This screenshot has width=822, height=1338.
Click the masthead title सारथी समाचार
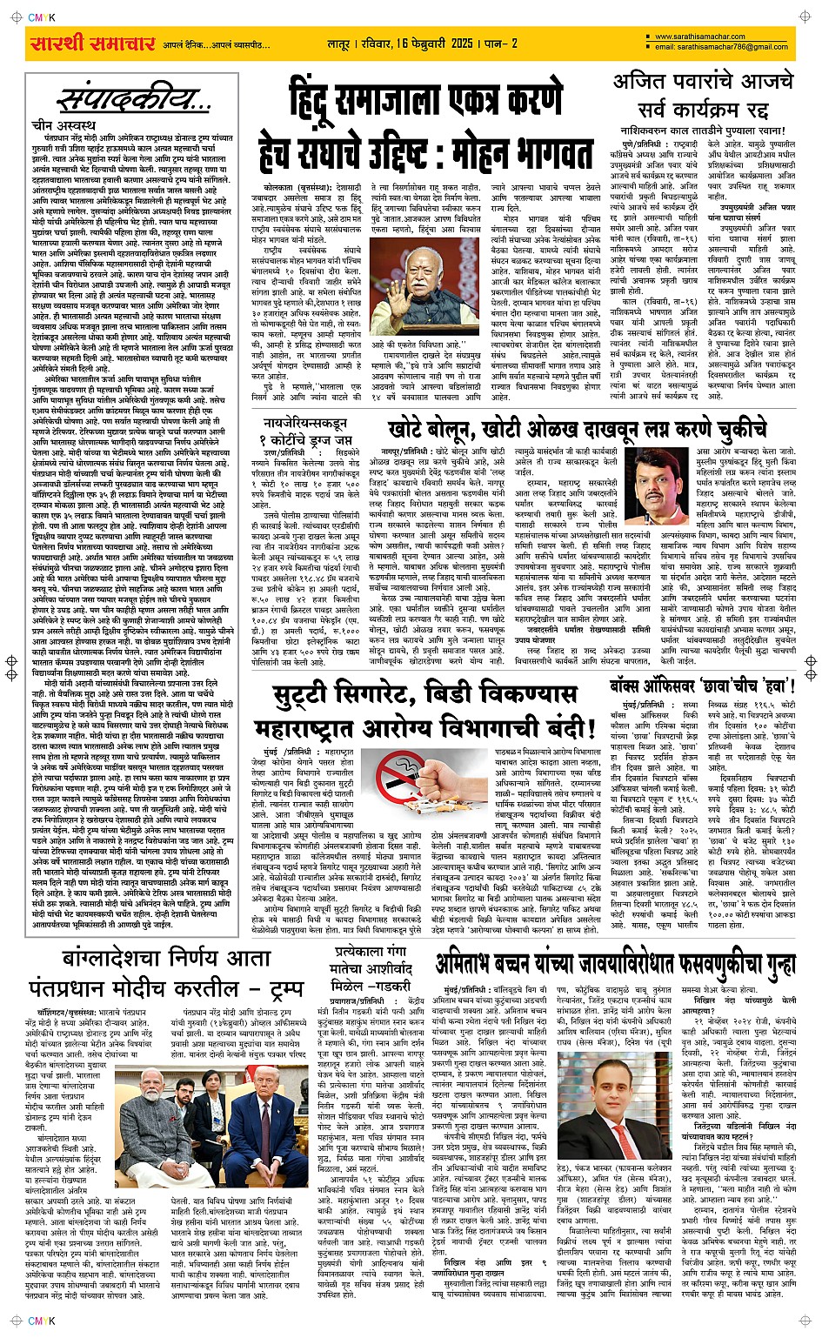[91, 43]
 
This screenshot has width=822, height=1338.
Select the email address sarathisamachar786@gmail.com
[721, 47]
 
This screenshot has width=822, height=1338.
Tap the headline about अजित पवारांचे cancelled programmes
[703, 96]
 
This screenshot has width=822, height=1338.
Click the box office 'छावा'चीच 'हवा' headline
[703, 684]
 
